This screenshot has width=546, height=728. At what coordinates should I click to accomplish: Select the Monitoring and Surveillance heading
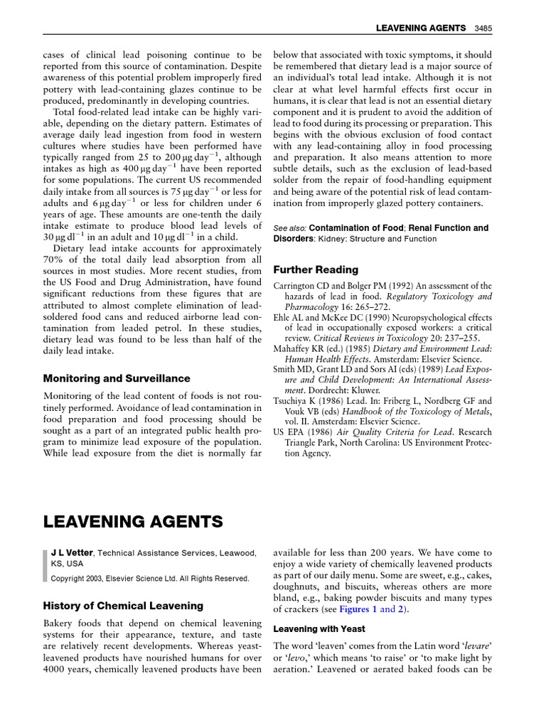117,378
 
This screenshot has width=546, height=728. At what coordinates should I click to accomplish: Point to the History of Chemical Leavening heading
123,606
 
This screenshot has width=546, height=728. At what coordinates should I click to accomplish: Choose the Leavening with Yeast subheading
319,629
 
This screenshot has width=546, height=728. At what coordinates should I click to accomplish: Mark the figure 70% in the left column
55,259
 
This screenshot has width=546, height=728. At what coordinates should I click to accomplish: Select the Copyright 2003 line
149,579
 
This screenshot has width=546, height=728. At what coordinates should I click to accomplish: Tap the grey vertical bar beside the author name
45,565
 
